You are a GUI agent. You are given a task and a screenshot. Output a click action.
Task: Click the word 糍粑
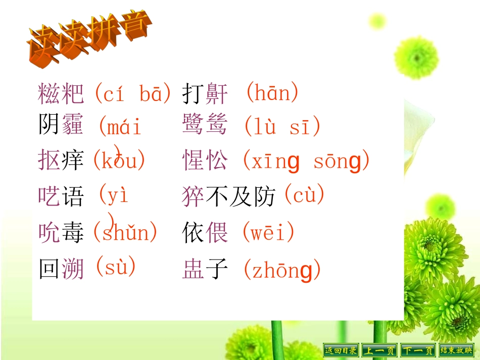click(61, 93)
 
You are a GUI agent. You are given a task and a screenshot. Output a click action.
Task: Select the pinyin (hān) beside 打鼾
click(272, 93)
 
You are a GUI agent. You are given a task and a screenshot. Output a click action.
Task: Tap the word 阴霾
click(61, 125)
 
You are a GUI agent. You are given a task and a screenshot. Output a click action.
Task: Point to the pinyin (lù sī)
click(282, 126)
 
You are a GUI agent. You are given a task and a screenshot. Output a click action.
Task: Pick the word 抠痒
click(61, 160)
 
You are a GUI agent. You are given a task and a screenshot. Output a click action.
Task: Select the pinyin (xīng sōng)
click(306, 161)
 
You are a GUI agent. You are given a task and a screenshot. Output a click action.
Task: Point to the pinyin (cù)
click(304, 195)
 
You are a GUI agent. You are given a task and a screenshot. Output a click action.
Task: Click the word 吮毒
click(61, 233)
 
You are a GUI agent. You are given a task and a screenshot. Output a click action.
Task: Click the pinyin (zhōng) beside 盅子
click(282, 271)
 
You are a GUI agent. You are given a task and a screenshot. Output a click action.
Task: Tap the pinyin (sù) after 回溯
click(116, 266)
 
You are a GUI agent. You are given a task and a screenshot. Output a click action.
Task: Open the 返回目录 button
click(341, 350)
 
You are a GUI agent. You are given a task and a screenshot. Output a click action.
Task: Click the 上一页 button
click(379, 350)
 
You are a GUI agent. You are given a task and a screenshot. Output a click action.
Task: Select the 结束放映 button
click(456, 350)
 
